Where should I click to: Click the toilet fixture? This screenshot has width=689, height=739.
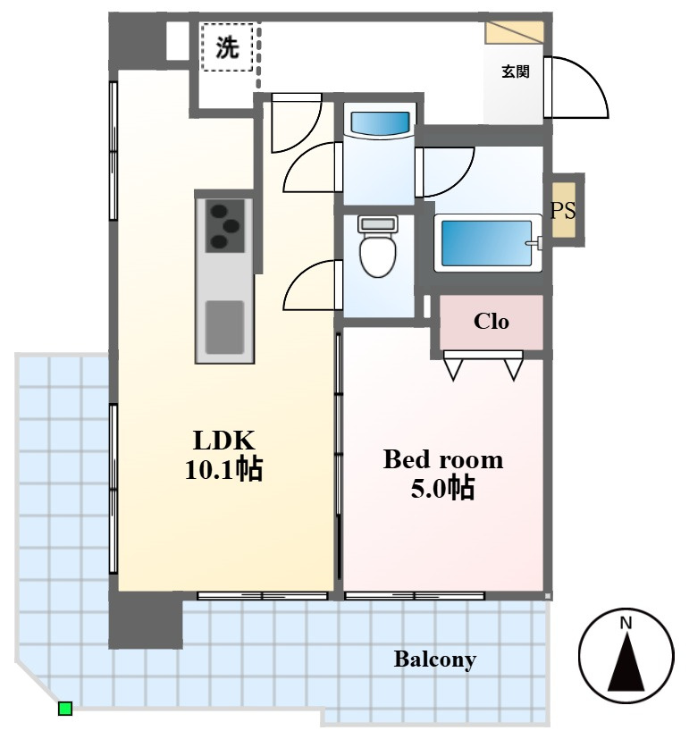tap(377, 246)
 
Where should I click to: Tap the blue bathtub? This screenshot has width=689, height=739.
tap(487, 243)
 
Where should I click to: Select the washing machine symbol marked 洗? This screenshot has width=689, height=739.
tap(227, 47)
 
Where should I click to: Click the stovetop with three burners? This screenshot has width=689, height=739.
tap(225, 226)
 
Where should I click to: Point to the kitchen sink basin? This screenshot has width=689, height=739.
tap(225, 327)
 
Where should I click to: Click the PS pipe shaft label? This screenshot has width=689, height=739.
tap(563, 210)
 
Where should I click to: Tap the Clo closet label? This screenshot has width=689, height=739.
tap(492, 322)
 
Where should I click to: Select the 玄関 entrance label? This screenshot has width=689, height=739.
tap(515, 71)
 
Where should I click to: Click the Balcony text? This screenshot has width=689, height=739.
tap(434, 659)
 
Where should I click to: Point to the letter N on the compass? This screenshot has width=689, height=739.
tap(626, 623)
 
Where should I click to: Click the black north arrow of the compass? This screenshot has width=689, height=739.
tap(626, 662)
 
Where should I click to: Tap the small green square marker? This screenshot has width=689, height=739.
tap(65, 709)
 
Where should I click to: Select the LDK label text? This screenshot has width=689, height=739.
tap(224, 441)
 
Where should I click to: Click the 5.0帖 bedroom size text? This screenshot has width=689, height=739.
tap(442, 488)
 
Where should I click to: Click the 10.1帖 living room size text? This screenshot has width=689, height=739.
tap(223, 469)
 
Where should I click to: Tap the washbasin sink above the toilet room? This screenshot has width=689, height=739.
tap(380, 124)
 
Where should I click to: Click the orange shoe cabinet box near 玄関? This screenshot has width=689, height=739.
tap(514, 32)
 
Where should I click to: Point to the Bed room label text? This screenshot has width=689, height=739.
tap(443, 459)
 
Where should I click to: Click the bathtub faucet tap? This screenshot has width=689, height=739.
tap(534, 243)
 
